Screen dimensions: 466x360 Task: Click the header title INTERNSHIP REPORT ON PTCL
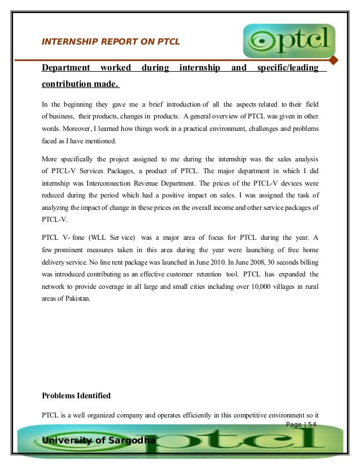pos(111,41)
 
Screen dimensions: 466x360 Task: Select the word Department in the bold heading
pos(66,68)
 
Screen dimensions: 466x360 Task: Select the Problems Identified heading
pos(76,395)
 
